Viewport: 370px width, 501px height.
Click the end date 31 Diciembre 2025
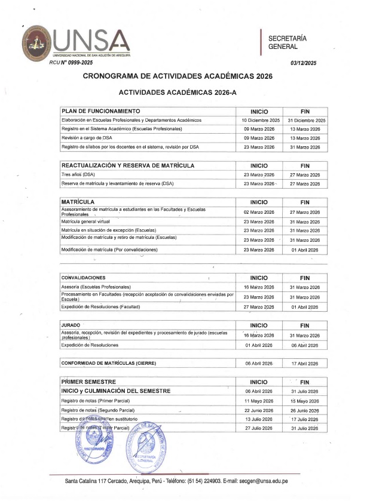point(305,120)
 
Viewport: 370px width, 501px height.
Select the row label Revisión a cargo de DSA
point(87,138)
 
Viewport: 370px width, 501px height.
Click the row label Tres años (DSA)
point(78,174)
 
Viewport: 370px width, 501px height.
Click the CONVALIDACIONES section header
point(84,278)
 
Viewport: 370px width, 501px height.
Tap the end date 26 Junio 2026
point(305,410)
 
